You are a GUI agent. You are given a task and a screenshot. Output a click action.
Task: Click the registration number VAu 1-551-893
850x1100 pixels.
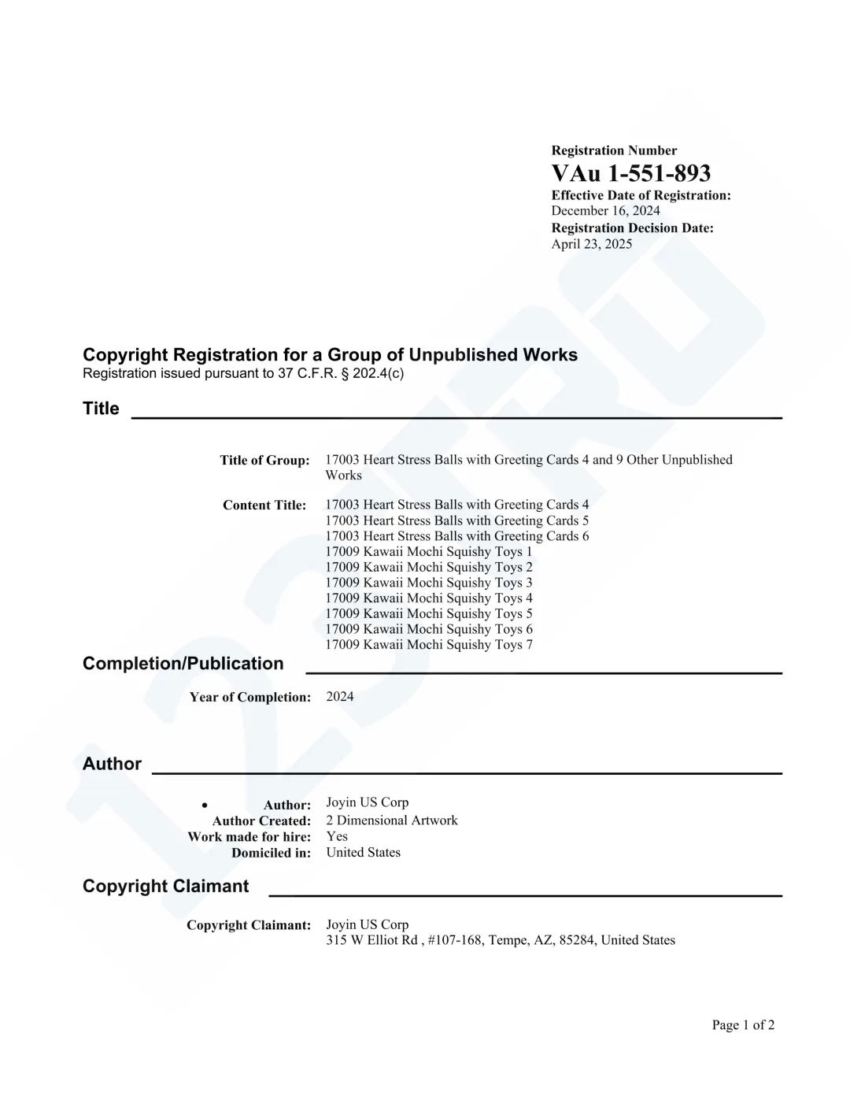pyautogui.click(x=630, y=173)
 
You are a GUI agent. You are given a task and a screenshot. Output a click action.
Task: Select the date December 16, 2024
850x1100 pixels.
pyautogui.click(x=605, y=211)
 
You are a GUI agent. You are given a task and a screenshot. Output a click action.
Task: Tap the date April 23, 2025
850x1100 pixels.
pyautogui.click(x=591, y=244)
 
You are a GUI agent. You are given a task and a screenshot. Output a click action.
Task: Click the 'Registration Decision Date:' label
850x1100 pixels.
pyautogui.click(x=632, y=228)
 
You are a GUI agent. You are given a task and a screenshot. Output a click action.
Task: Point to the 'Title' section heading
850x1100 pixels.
pyautogui.click(x=101, y=409)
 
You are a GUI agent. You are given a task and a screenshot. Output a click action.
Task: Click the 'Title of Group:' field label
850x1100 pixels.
pyautogui.click(x=264, y=461)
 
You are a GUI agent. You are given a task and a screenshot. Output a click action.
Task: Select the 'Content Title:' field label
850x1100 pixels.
pyautogui.click(x=264, y=506)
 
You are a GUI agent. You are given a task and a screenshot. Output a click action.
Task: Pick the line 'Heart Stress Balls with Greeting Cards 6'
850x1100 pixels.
pyautogui.click(x=456, y=536)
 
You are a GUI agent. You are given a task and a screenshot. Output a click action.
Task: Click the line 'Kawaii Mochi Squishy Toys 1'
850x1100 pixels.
pyautogui.click(x=428, y=552)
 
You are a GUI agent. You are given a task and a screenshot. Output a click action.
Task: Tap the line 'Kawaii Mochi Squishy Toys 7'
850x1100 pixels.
pyautogui.click(x=428, y=645)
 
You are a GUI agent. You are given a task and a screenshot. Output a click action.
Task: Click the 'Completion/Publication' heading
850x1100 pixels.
pyautogui.click(x=183, y=664)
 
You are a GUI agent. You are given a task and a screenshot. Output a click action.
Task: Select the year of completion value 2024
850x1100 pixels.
pyautogui.click(x=340, y=697)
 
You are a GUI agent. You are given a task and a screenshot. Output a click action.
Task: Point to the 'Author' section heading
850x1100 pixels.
pyautogui.click(x=112, y=764)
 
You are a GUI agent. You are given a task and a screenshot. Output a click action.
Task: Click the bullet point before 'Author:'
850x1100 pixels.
pyautogui.click(x=205, y=805)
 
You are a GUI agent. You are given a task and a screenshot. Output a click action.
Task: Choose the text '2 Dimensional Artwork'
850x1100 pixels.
pyautogui.click(x=391, y=820)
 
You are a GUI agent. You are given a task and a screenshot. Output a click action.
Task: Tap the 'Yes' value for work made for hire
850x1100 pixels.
pyautogui.click(x=337, y=836)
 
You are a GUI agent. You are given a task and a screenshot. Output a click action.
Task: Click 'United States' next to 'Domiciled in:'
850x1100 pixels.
pyautogui.click(x=363, y=852)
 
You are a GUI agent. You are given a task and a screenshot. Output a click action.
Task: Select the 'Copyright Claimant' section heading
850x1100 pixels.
pyautogui.click(x=165, y=887)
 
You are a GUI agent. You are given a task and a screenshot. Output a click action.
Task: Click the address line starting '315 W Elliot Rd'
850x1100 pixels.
pyautogui.click(x=500, y=940)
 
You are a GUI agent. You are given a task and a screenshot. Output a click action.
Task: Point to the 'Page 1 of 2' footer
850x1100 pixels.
pyautogui.click(x=743, y=1025)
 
